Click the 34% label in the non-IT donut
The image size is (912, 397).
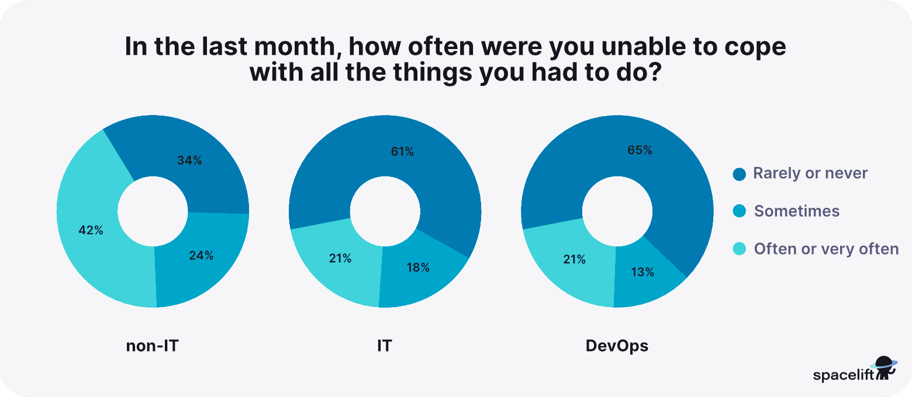pyautogui.click(x=190, y=161)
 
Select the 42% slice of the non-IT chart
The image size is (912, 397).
pyautogui.click(x=91, y=231)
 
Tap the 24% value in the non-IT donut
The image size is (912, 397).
pyautogui.click(x=201, y=255)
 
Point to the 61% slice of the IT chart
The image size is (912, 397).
pyautogui.click(x=402, y=152)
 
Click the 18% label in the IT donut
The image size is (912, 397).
pyautogui.click(x=417, y=268)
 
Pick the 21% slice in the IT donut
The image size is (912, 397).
pyautogui.click(x=340, y=259)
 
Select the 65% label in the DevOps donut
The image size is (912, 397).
pyautogui.click(x=640, y=150)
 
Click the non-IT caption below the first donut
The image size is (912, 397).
pyautogui.click(x=152, y=346)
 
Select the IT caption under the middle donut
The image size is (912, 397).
pyautogui.click(x=384, y=346)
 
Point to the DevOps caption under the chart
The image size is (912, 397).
pyautogui.click(x=617, y=346)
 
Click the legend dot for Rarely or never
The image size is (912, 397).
pyautogui.click(x=740, y=174)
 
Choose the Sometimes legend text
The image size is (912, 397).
pyautogui.click(x=797, y=211)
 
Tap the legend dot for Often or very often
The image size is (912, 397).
pyautogui.click(x=740, y=249)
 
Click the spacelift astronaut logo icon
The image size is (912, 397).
pyautogui.click(x=884, y=368)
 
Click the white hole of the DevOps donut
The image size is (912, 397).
pyautogui.click(x=617, y=211)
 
